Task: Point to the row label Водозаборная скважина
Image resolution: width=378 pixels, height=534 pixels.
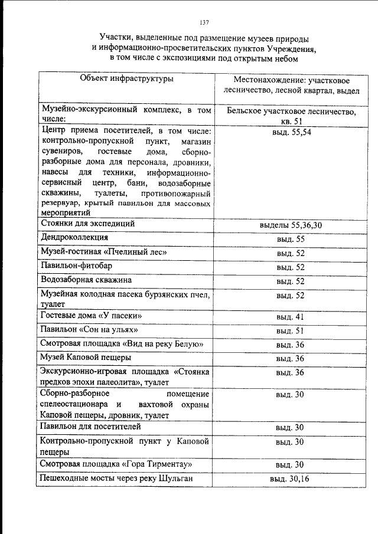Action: point(86,280)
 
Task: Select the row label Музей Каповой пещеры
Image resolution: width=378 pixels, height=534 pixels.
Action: point(86,358)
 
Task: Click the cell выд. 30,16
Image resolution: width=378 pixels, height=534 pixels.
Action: point(289,479)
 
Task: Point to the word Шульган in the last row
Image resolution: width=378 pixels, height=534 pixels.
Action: point(177,478)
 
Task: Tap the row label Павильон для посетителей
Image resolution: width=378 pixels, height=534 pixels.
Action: point(90,426)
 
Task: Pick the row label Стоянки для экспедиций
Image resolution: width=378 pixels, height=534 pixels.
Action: point(88,224)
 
